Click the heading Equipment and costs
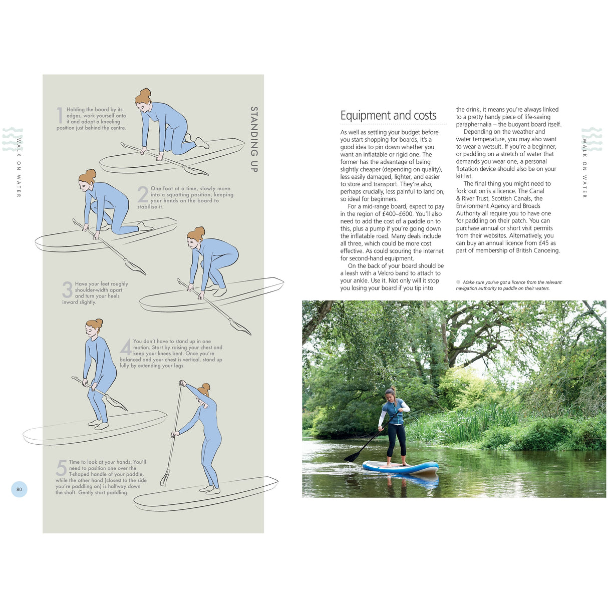pos(388,116)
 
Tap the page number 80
pos(19,489)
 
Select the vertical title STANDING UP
pos(254,139)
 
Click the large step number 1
pos(60,115)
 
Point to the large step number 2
pos(143,194)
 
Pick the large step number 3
pos(67,289)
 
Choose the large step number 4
pos(126,347)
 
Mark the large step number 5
pos(61,468)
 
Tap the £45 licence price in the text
pos(544,243)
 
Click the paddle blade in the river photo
pos(351,457)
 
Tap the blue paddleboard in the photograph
pos(400,468)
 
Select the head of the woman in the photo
pos(390,394)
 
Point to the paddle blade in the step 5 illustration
pos(164,478)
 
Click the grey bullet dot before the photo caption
pos(458,282)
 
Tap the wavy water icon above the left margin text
pos(13,139)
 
